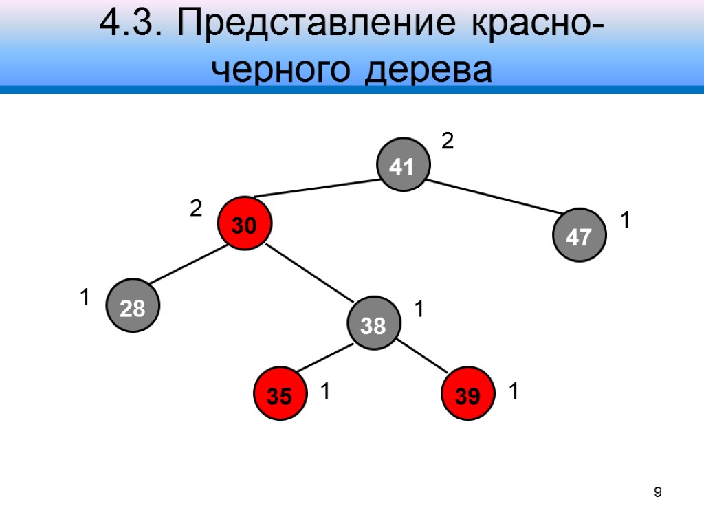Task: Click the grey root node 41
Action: coord(403,166)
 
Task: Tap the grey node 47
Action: coord(581,236)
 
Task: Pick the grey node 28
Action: coord(133,307)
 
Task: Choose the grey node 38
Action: coord(373,324)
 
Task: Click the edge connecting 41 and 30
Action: coord(316,188)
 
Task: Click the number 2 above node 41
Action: coord(448,142)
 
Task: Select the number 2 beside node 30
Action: coord(196,208)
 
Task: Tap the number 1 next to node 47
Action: coord(626,221)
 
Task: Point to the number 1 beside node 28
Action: coord(85,298)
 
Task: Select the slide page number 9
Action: coord(658,492)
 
